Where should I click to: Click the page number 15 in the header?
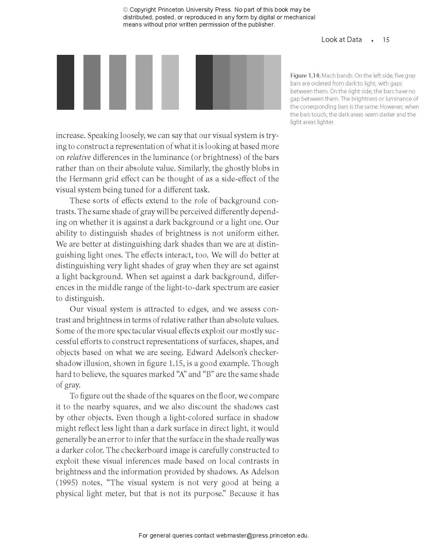(x=386, y=40)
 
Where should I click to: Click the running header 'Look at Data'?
(x=341, y=39)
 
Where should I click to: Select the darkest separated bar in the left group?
(x=65, y=82)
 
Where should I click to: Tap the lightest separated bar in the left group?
(x=170, y=82)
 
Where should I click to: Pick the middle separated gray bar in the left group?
(x=118, y=82)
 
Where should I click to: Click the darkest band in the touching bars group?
(x=204, y=82)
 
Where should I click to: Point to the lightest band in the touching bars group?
(x=272, y=82)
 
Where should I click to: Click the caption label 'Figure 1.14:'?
(x=305, y=76)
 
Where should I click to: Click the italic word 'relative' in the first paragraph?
(x=79, y=157)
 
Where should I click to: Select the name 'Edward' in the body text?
(x=199, y=352)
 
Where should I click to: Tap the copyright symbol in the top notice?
(x=125, y=10)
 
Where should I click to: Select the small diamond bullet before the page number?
(x=372, y=41)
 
